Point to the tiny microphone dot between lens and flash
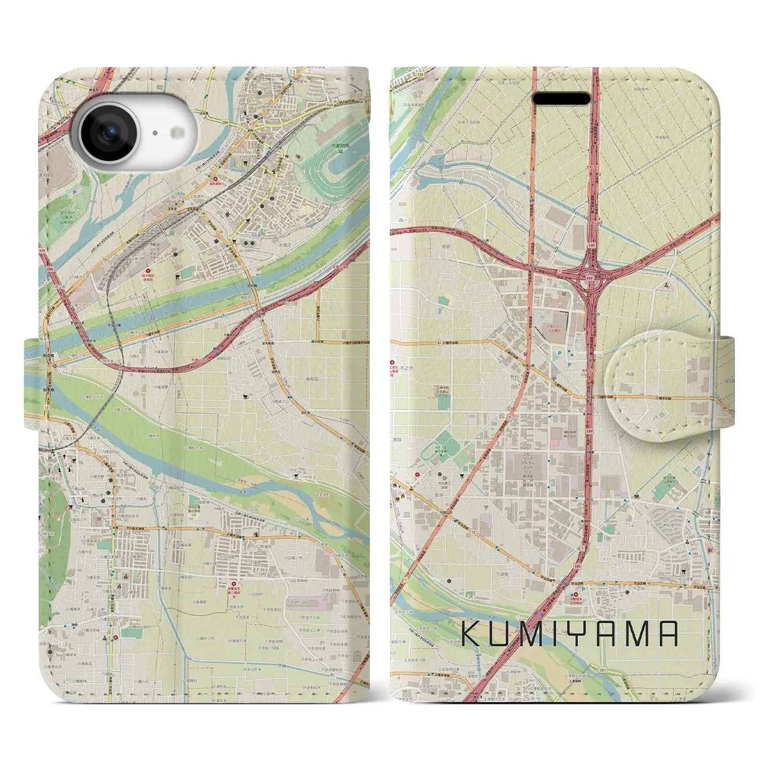tap(155, 133)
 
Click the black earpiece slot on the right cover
tap(562, 99)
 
